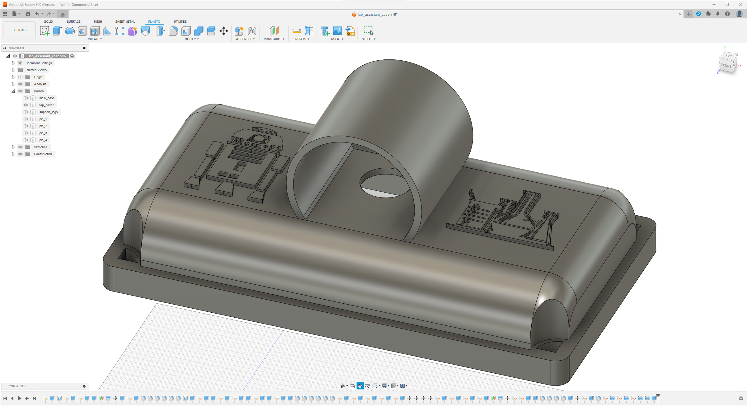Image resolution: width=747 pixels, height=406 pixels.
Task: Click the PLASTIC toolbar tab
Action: [x=154, y=21]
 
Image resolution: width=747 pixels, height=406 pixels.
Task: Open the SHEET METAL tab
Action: [x=125, y=21]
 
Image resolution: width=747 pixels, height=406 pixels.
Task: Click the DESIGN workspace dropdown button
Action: [x=20, y=30]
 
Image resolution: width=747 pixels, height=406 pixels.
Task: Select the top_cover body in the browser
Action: [x=46, y=105]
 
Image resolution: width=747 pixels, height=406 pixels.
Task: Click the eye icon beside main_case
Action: [x=26, y=98]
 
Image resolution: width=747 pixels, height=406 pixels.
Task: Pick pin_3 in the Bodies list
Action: [x=43, y=133]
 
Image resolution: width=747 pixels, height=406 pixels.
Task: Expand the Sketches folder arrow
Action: [x=13, y=147]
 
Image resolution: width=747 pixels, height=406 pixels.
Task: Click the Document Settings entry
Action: [x=39, y=63]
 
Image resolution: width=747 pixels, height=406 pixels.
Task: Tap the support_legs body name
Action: [x=49, y=112]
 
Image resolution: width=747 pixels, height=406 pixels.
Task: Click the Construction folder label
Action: [x=43, y=154]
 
